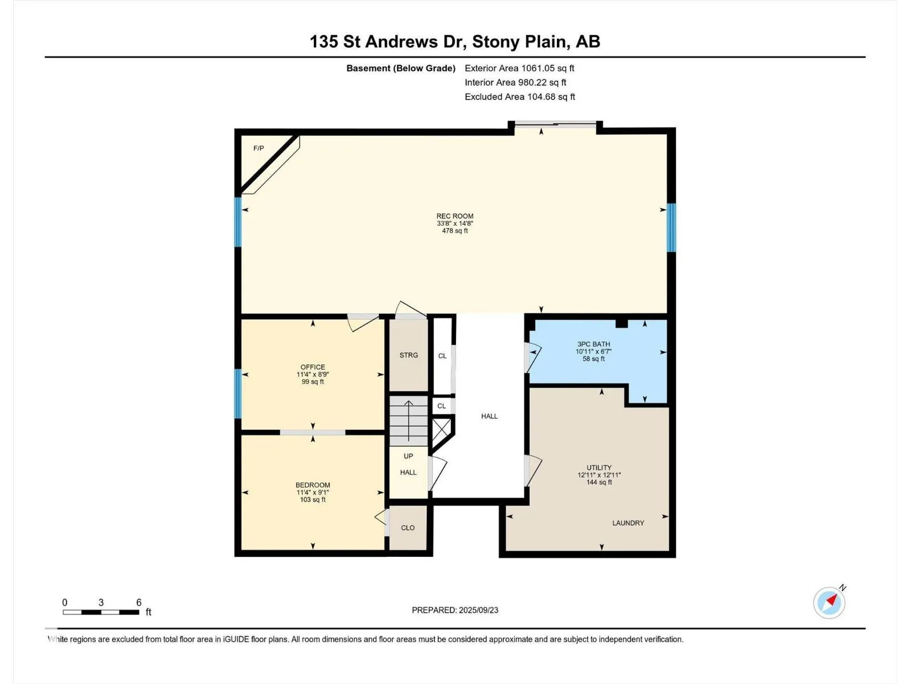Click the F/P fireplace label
pyautogui.click(x=258, y=148)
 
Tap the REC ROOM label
pyautogui.click(x=455, y=216)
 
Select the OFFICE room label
pyautogui.click(x=313, y=367)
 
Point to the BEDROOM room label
pyautogui.click(x=313, y=485)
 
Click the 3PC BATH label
pyautogui.click(x=593, y=344)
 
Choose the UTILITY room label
pyautogui.click(x=599, y=467)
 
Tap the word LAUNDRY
pyautogui.click(x=629, y=523)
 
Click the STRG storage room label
pyautogui.click(x=409, y=355)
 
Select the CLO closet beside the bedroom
pyautogui.click(x=408, y=528)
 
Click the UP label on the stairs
pyautogui.click(x=408, y=456)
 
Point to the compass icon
pyautogui.click(x=829, y=602)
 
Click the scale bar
pyautogui.click(x=101, y=612)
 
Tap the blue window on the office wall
pyautogui.click(x=238, y=393)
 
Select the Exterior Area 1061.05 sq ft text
pyautogui.click(x=520, y=68)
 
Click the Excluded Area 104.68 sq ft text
pyautogui.click(x=520, y=97)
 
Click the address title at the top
pyautogui.click(x=455, y=42)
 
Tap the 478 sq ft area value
pyautogui.click(x=455, y=231)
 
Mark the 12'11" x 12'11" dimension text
pyautogui.click(x=599, y=475)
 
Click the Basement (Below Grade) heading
pyautogui.click(x=401, y=68)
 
